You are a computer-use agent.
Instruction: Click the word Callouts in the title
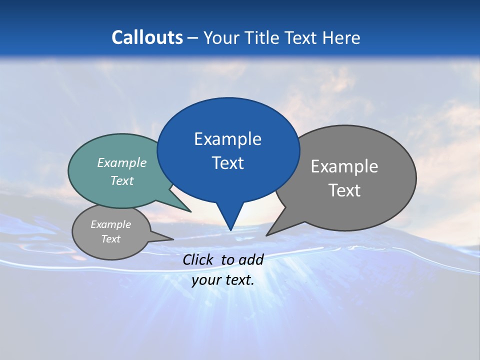[147, 37]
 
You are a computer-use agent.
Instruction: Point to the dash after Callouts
[193, 38]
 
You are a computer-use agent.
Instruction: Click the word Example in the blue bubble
[227, 139]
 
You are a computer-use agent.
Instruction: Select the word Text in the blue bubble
[227, 163]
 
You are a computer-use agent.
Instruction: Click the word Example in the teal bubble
[121, 162]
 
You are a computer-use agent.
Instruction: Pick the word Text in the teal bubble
[121, 180]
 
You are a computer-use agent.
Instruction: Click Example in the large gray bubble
[344, 166]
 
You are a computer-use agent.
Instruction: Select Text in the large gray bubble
[344, 190]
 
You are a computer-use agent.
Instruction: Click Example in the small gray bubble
[110, 224]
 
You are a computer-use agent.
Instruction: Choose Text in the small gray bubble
[110, 239]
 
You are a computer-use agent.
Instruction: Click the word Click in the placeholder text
[198, 259]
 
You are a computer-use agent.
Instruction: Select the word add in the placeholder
[251, 259]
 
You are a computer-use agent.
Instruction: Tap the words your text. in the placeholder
[223, 280]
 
